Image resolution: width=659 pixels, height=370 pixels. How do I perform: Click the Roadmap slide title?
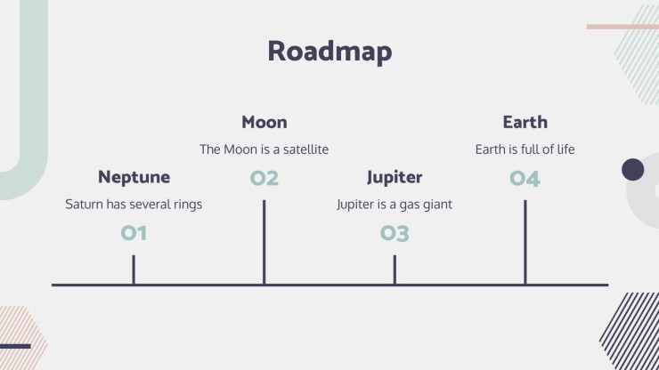[329, 52]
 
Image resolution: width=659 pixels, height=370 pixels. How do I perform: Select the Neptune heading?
[134, 177]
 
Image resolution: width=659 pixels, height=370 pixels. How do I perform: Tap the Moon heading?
[264, 122]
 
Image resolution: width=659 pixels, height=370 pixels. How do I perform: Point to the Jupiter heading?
[395, 177]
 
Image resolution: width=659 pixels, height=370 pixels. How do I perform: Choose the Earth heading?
[525, 122]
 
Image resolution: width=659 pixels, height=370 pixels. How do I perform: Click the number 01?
[134, 233]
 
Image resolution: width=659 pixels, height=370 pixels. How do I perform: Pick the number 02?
[264, 178]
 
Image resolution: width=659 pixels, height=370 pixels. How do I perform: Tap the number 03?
[395, 233]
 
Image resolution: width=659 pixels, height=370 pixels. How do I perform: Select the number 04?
[525, 179]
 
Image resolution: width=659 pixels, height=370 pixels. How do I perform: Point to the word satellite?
[306, 149]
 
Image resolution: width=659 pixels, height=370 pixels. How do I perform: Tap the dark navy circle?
[633, 170]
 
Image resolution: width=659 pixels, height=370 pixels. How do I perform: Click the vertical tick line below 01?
[134, 269]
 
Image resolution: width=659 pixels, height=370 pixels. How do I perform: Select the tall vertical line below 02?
[264, 242]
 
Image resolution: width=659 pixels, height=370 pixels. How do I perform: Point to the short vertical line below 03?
[395, 269]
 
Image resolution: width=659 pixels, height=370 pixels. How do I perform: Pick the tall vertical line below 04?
[525, 242]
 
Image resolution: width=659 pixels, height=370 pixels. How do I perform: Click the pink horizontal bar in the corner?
[622, 27]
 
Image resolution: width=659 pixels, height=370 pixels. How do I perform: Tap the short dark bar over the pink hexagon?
[15, 347]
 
